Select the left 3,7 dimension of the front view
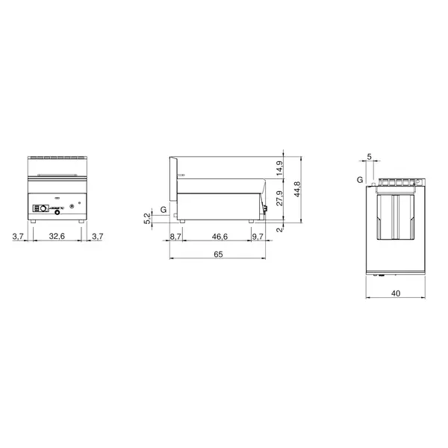[19, 236]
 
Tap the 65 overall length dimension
[218, 255]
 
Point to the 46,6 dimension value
[220, 236]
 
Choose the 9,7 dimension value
[258, 236]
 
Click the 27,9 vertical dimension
[280, 199]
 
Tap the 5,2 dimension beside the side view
[147, 218]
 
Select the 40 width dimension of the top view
[395, 293]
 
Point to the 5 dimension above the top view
[369, 157]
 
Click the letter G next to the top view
[359, 181]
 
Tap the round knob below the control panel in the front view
[55, 213]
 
